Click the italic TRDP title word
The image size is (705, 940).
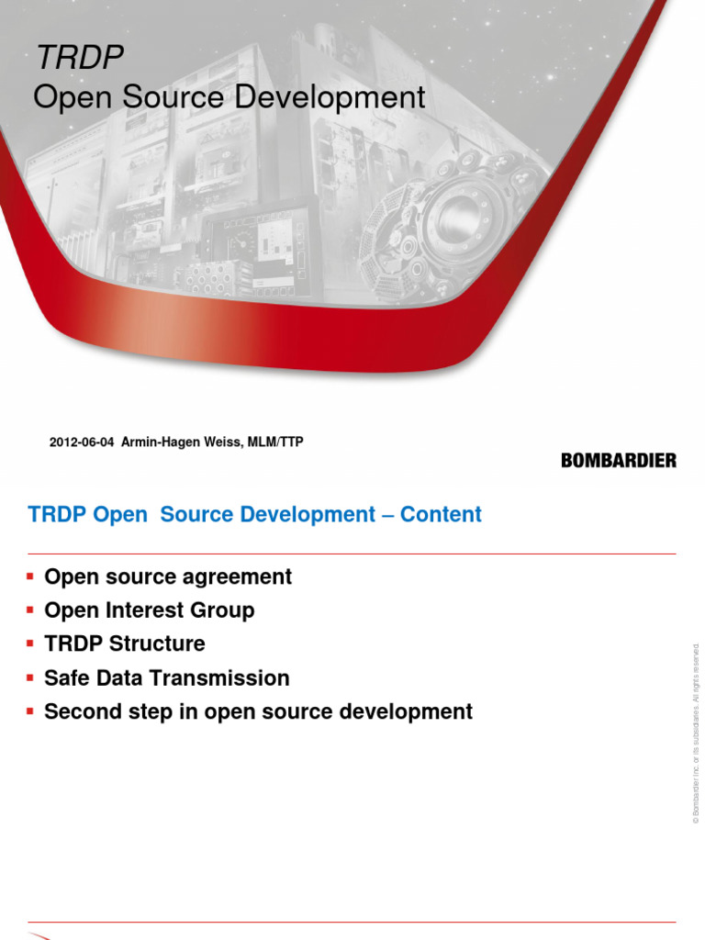(x=79, y=58)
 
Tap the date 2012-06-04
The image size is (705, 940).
(x=82, y=442)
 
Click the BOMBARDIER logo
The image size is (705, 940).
(x=618, y=460)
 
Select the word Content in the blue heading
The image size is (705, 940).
(x=441, y=515)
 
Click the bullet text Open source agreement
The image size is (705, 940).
(x=168, y=576)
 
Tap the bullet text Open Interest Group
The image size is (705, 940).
(x=150, y=610)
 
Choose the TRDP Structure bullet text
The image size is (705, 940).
(x=125, y=643)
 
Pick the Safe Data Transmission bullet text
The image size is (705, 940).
(x=167, y=678)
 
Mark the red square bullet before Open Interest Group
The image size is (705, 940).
(x=30, y=610)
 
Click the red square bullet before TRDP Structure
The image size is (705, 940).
(x=30, y=643)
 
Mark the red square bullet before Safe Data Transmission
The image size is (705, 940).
(x=30, y=677)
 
